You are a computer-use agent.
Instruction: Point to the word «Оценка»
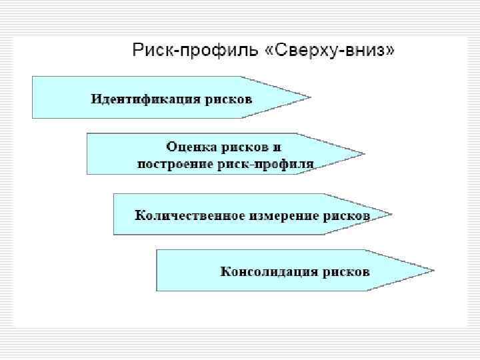(189, 145)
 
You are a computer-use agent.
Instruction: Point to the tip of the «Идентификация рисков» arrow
(310, 97)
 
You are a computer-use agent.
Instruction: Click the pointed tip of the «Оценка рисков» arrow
(364, 154)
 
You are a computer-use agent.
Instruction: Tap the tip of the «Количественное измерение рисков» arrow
(391, 214)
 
